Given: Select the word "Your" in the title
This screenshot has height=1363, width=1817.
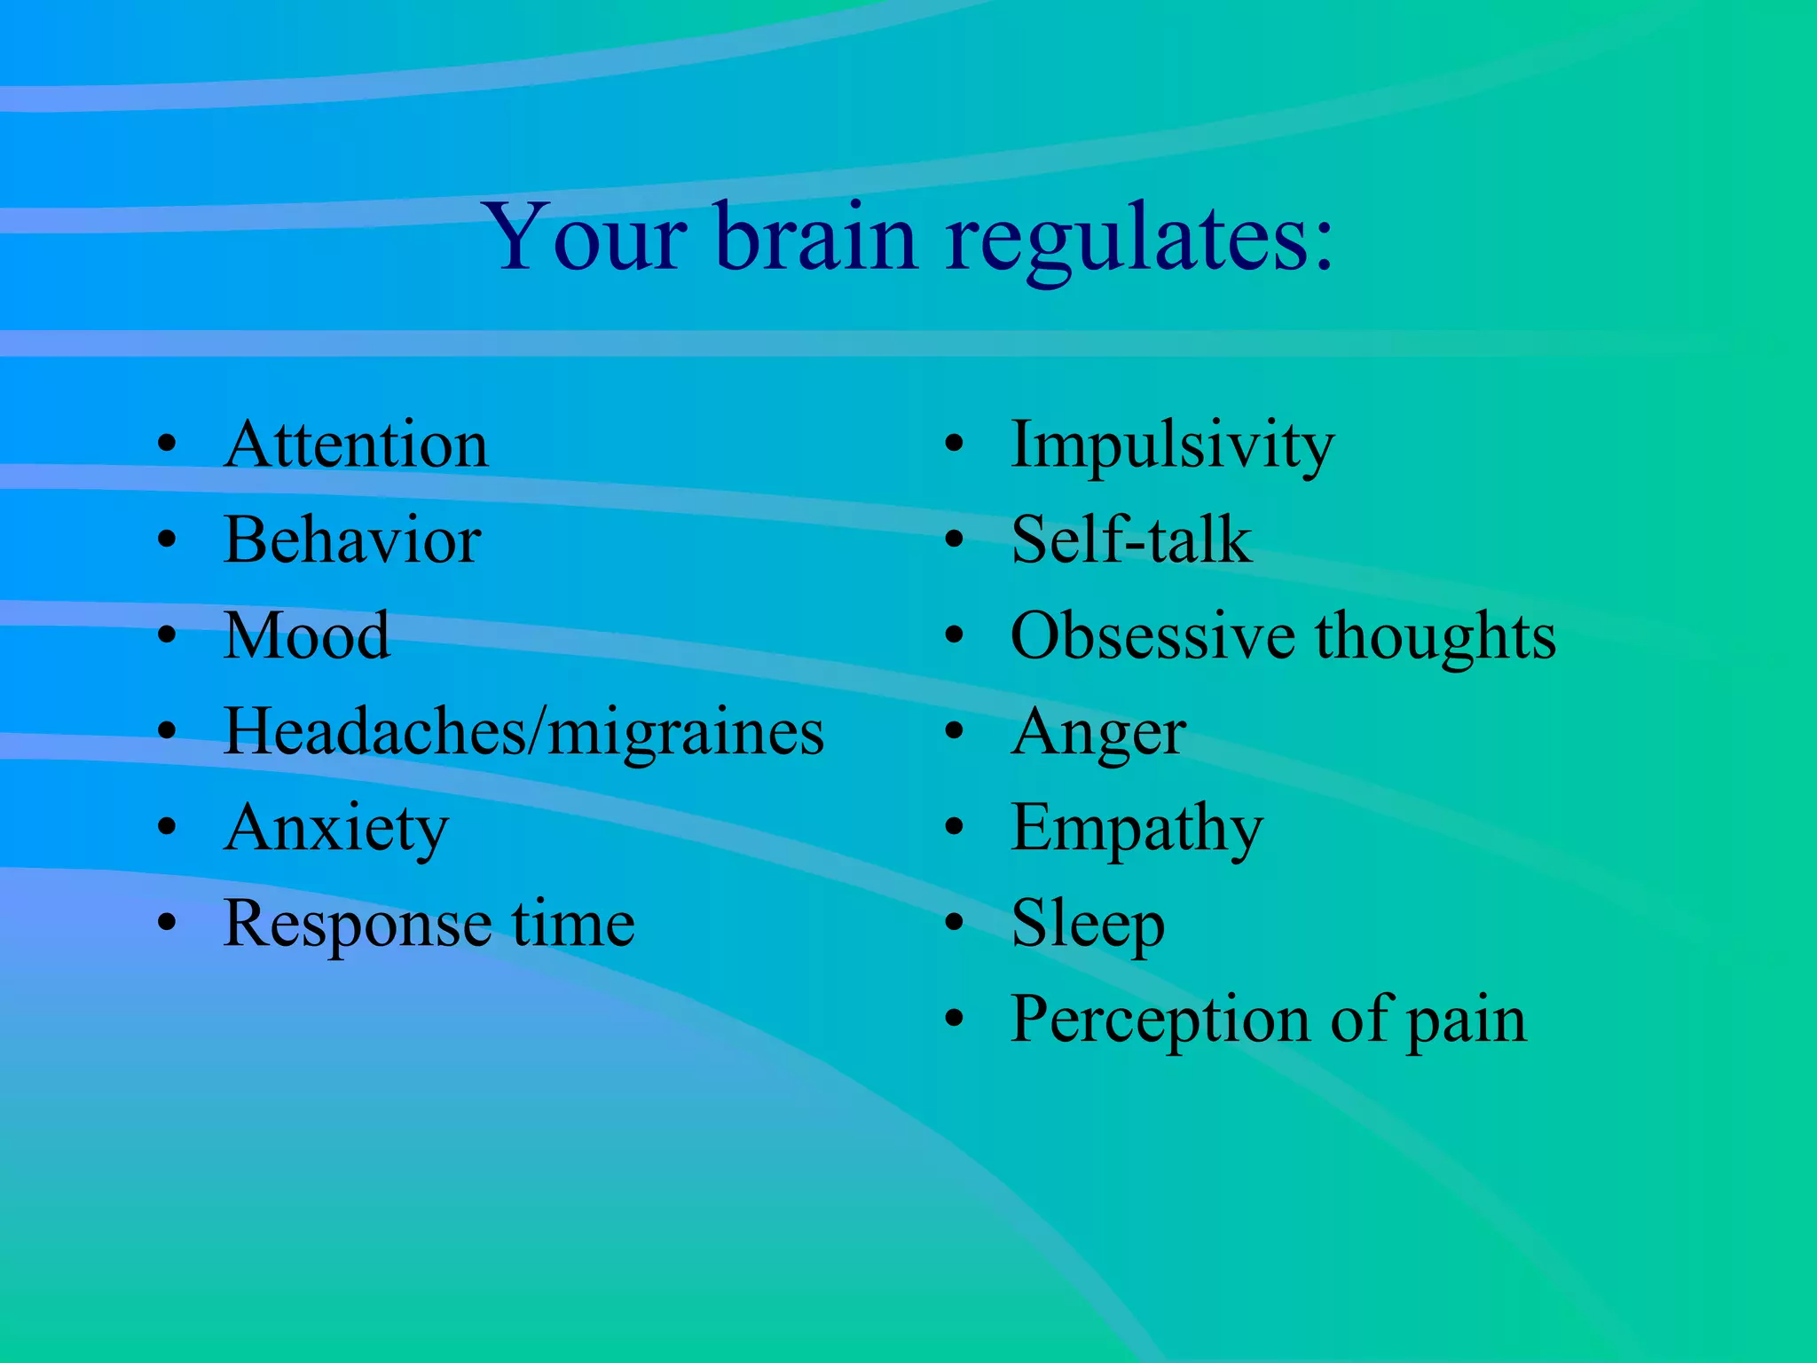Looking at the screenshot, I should [586, 238].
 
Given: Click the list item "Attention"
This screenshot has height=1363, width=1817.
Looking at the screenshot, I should [356, 445].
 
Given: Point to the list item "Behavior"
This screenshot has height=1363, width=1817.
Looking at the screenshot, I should [352, 540].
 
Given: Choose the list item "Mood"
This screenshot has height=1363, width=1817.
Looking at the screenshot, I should [306, 636].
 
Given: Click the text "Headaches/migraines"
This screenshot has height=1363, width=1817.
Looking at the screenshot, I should [523, 733].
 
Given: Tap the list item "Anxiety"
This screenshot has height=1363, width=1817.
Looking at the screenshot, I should [336, 829].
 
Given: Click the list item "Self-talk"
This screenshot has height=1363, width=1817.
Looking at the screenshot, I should [1131, 540].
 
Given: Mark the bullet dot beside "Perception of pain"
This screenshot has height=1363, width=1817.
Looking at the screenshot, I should [954, 1020].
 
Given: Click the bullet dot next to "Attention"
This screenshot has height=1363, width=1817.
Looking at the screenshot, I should [167, 445].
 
